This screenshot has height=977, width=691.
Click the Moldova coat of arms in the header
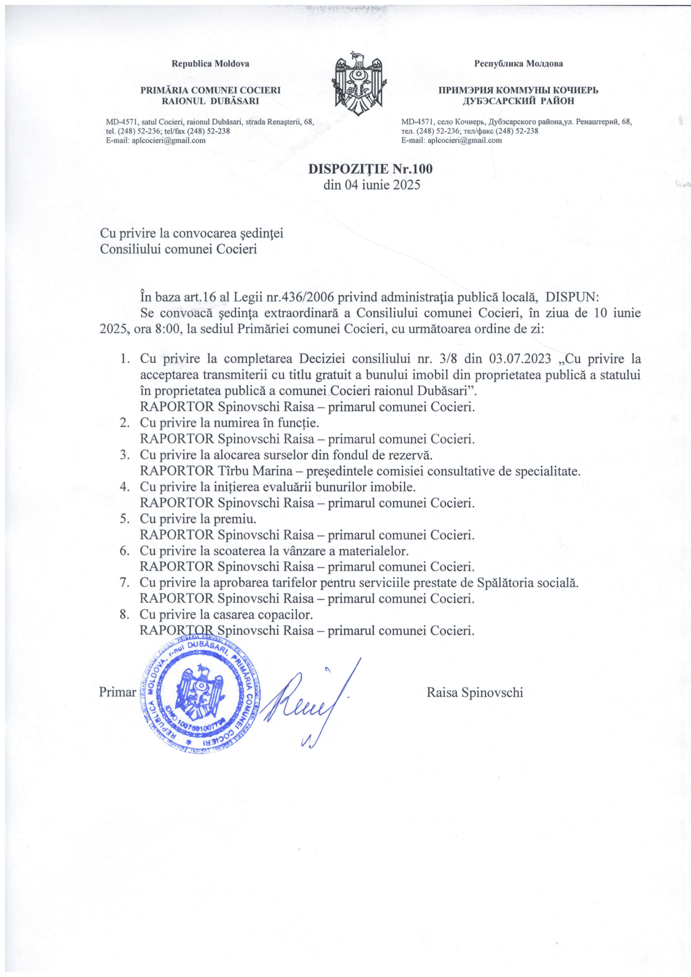click(361, 81)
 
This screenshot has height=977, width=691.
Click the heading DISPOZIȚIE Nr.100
click(370, 169)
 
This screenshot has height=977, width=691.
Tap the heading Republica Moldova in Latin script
click(210, 64)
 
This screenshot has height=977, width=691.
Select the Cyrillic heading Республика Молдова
click(519, 64)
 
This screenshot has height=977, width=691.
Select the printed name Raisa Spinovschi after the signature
click(475, 692)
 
